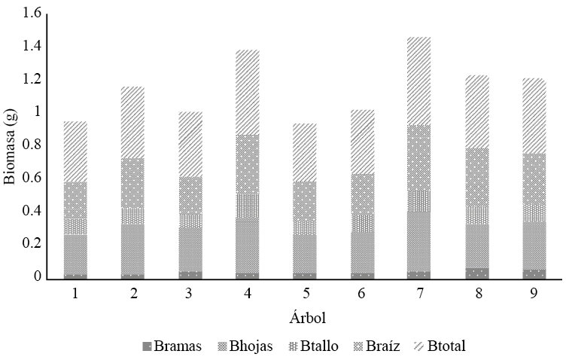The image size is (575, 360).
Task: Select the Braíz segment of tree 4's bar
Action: coord(248,164)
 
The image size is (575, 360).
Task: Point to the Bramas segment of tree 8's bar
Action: coord(476,273)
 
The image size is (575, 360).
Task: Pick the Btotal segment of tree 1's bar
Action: coord(75,151)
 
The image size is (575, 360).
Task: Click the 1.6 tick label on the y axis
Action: coord(32,13)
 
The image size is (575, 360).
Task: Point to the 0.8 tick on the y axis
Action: coord(32,145)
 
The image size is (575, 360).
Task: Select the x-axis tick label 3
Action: coord(190,293)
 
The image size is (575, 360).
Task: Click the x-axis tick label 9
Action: coord(534,293)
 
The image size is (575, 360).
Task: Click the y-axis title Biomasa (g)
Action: coord(9,145)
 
